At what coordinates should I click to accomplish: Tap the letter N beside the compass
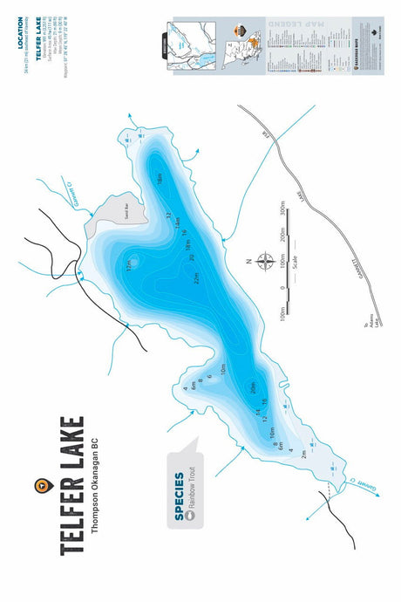[248, 260]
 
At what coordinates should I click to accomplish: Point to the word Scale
[302, 260]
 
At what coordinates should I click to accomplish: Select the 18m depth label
[160, 179]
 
